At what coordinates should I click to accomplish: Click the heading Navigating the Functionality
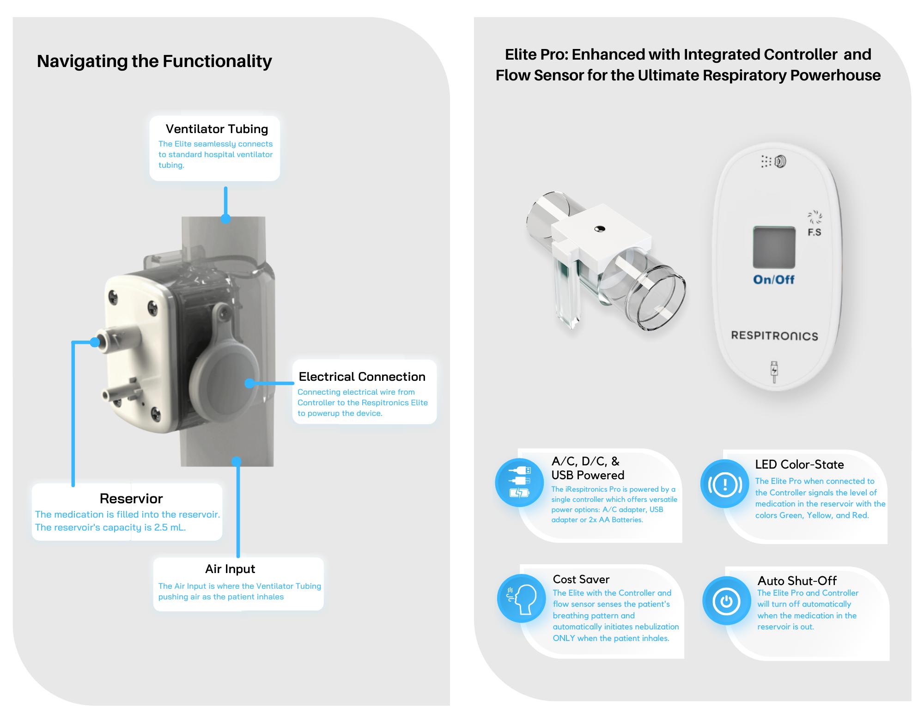click(x=154, y=61)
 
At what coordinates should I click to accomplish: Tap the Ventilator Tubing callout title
click(x=217, y=129)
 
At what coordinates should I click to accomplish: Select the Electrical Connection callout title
click(x=362, y=377)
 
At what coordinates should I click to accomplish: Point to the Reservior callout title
click(x=131, y=499)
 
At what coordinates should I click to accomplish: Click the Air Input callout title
click(x=230, y=569)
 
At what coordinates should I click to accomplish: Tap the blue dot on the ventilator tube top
click(x=225, y=219)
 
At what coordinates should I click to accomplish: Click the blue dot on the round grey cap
click(x=249, y=383)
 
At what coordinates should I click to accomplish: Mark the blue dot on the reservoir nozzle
click(x=95, y=342)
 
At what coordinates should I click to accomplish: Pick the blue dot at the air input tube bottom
click(x=237, y=461)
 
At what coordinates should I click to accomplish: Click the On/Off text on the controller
click(x=774, y=280)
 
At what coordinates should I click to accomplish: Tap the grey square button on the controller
click(x=774, y=247)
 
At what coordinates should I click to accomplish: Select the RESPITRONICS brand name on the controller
click(x=774, y=336)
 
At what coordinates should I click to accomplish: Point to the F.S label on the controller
click(x=815, y=232)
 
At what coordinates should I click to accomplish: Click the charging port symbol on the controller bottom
click(x=774, y=372)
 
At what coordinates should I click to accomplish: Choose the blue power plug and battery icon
click(x=519, y=482)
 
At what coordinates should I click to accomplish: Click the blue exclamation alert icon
click(x=724, y=484)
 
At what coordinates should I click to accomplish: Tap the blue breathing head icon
click(x=522, y=598)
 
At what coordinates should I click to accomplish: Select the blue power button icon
click(x=727, y=601)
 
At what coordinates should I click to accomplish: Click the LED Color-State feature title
click(x=799, y=464)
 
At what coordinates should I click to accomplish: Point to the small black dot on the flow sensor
click(x=600, y=229)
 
